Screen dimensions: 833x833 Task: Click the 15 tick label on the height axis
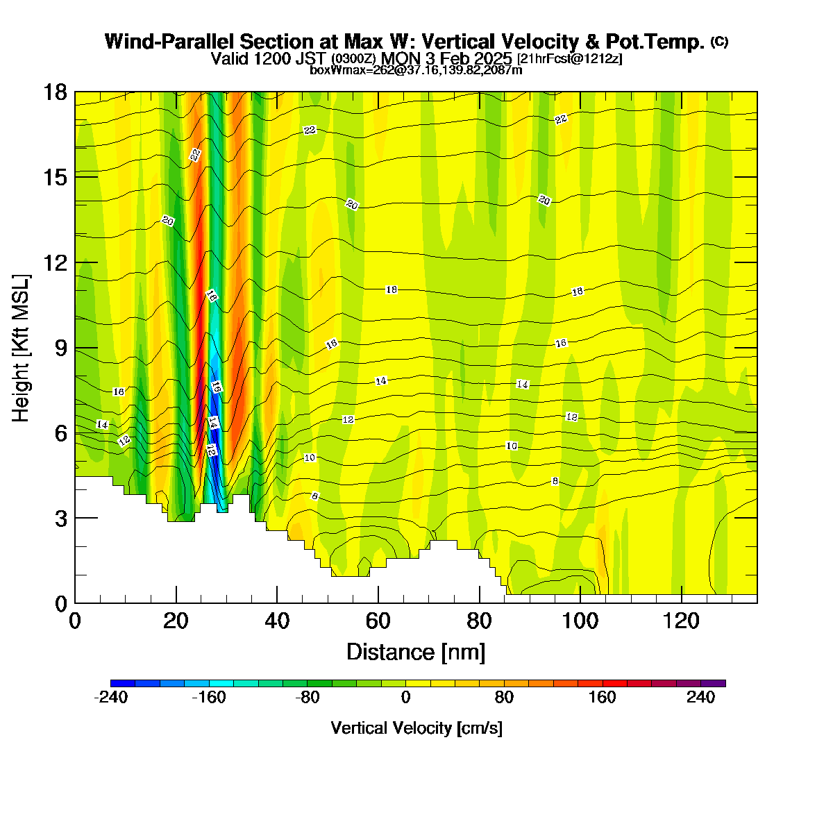[x=56, y=178]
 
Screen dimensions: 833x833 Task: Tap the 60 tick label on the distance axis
[x=378, y=621]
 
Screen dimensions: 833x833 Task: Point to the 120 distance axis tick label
[x=681, y=621]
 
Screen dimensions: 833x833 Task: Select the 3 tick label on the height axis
[x=61, y=519]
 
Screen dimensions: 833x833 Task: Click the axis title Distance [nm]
[x=416, y=653]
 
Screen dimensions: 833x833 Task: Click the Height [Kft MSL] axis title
[x=21, y=348]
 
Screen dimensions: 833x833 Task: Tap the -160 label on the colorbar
[x=209, y=697]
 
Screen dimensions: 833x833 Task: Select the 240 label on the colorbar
[x=700, y=697]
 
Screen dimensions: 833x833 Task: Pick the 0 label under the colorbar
[x=405, y=697]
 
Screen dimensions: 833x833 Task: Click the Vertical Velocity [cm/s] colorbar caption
[x=416, y=728]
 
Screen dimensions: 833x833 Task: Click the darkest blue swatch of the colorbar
[x=123, y=683]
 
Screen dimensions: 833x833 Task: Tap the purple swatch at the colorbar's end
[x=714, y=683]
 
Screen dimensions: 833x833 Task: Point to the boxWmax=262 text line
[x=416, y=70]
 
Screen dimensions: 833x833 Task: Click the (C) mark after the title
[x=719, y=42]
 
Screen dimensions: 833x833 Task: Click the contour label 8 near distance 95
[x=555, y=481]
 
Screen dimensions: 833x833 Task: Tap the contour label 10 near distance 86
[x=512, y=446]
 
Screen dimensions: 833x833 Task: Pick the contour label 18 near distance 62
[x=392, y=289]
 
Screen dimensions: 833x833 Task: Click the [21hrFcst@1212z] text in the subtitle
[x=569, y=59]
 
